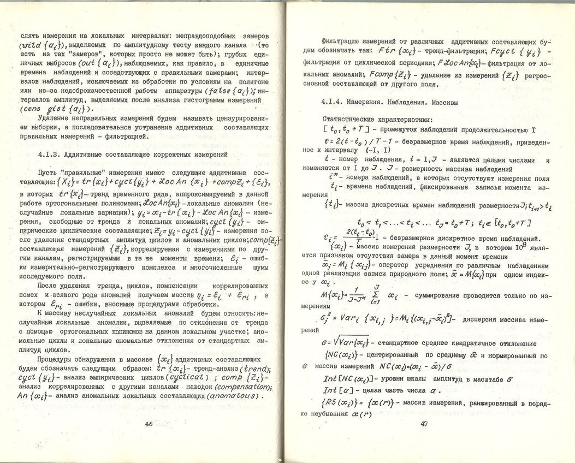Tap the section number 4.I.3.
tap(32, 155)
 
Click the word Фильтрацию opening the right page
tap(342, 41)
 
